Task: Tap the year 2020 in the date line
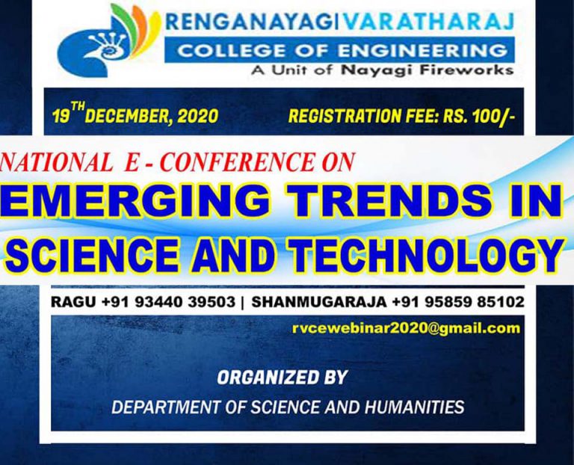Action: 199,116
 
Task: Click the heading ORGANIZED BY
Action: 282,378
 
